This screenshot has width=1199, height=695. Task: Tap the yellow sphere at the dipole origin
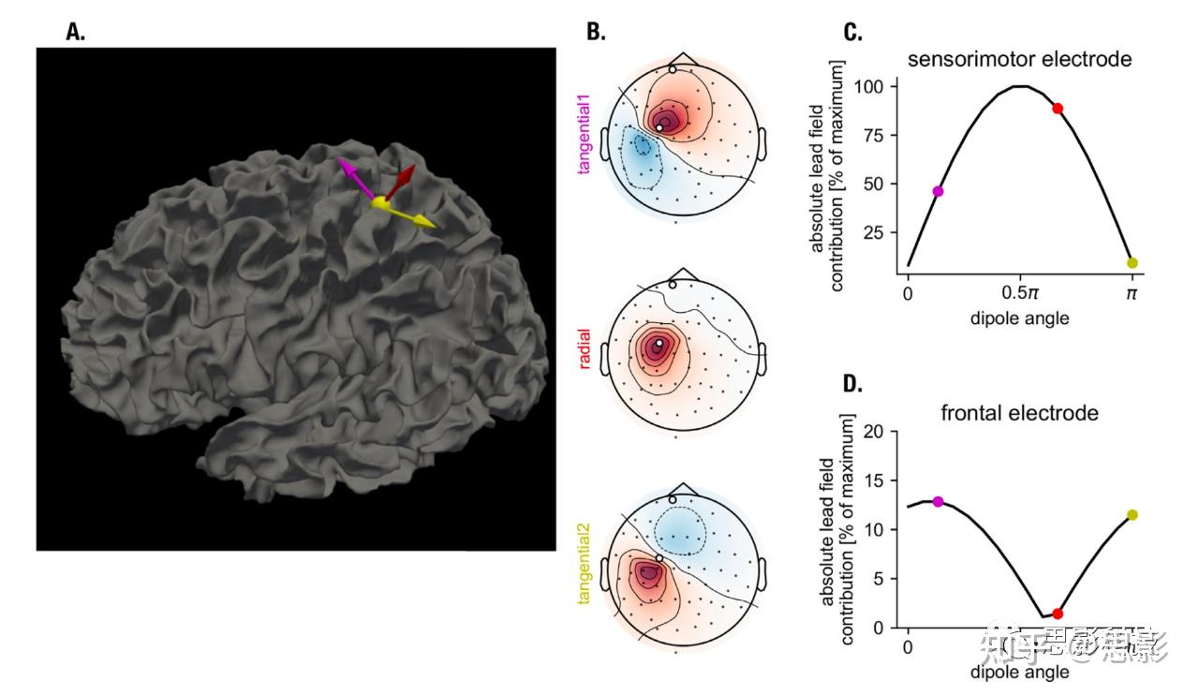(380, 202)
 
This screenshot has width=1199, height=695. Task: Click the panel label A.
(75, 33)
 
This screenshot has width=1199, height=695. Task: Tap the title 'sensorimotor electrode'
(1019, 59)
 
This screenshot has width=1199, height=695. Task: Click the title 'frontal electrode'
(1019, 412)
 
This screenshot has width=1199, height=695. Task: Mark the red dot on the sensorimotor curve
(1058, 109)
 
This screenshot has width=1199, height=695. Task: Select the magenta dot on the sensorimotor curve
(938, 191)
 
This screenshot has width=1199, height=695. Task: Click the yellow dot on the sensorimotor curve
(1132, 263)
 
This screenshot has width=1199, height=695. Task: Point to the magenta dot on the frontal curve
(938, 502)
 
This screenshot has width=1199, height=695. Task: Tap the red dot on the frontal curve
(1058, 614)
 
